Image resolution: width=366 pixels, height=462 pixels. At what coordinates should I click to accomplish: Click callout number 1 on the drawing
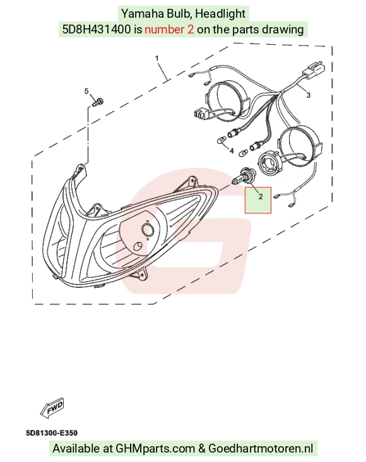pyautogui.click(x=156, y=58)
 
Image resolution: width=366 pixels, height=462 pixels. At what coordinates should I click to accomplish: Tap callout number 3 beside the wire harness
pyautogui.click(x=308, y=95)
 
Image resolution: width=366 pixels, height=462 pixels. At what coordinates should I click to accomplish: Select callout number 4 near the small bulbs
pyautogui.click(x=232, y=151)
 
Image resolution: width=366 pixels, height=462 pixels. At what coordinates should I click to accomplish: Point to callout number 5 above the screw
pyautogui.click(x=86, y=91)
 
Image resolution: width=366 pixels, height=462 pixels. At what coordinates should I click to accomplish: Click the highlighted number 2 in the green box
pyautogui.click(x=261, y=196)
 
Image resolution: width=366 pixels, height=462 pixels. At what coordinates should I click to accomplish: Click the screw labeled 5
pyautogui.click(x=98, y=102)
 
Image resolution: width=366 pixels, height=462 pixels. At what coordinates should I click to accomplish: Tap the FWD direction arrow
pyautogui.click(x=52, y=407)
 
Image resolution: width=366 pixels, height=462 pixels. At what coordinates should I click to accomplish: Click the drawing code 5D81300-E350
pyautogui.click(x=52, y=433)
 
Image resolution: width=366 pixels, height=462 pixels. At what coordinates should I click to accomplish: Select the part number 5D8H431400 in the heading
pyautogui.click(x=97, y=29)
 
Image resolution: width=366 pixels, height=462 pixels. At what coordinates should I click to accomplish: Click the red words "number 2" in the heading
pyautogui.click(x=169, y=29)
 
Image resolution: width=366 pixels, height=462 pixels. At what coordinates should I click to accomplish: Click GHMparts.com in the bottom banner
pyautogui.click(x=155, y=449)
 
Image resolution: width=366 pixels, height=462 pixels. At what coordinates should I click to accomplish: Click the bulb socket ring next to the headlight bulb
pyautogui.click(x=269, y=163)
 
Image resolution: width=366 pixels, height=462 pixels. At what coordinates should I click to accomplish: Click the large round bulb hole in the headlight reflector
pyautogui.click(x=147, y=229)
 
